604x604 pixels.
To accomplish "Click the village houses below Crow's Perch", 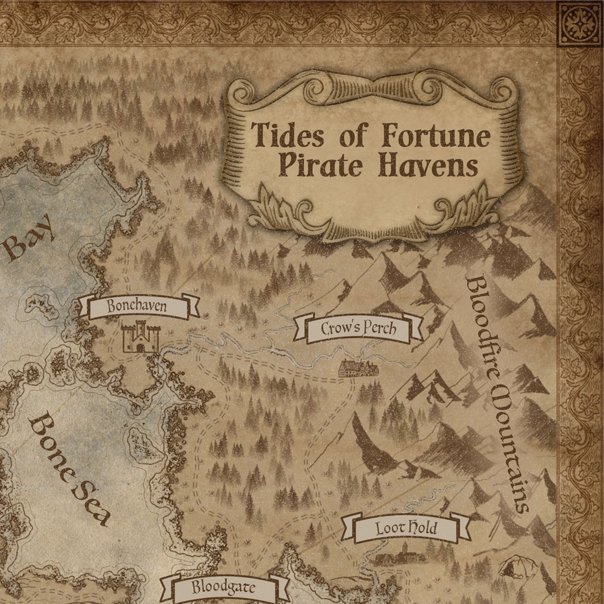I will pos(359,368).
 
